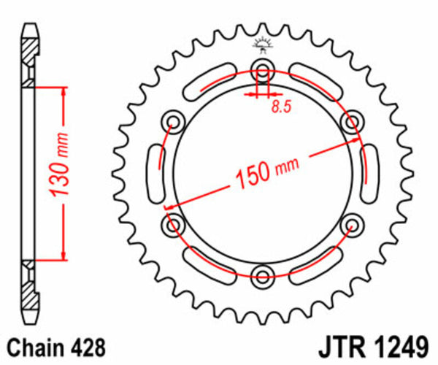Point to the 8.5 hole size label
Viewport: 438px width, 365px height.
(280, 107)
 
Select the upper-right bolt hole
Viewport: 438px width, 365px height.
(353, 121)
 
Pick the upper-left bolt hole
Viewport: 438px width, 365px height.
(174, 121)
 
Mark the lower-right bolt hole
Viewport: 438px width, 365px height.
(353, 224)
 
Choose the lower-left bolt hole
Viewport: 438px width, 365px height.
(174, 224)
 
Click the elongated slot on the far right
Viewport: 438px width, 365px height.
(371, 173)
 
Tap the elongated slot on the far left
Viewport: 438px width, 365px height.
(155, 173)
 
